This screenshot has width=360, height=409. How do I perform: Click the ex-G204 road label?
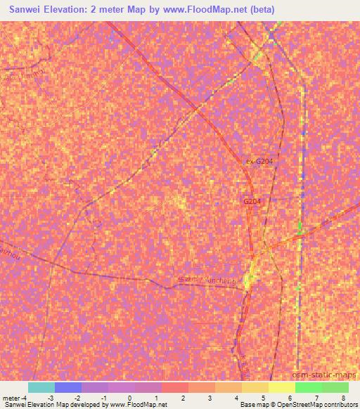259,161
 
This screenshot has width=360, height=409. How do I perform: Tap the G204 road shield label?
252,201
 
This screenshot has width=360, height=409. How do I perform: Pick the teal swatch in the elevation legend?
41,387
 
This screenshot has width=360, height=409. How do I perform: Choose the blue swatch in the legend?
68,387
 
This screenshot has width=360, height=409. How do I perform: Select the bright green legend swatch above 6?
308,387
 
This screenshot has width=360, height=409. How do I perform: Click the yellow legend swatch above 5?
281,387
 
